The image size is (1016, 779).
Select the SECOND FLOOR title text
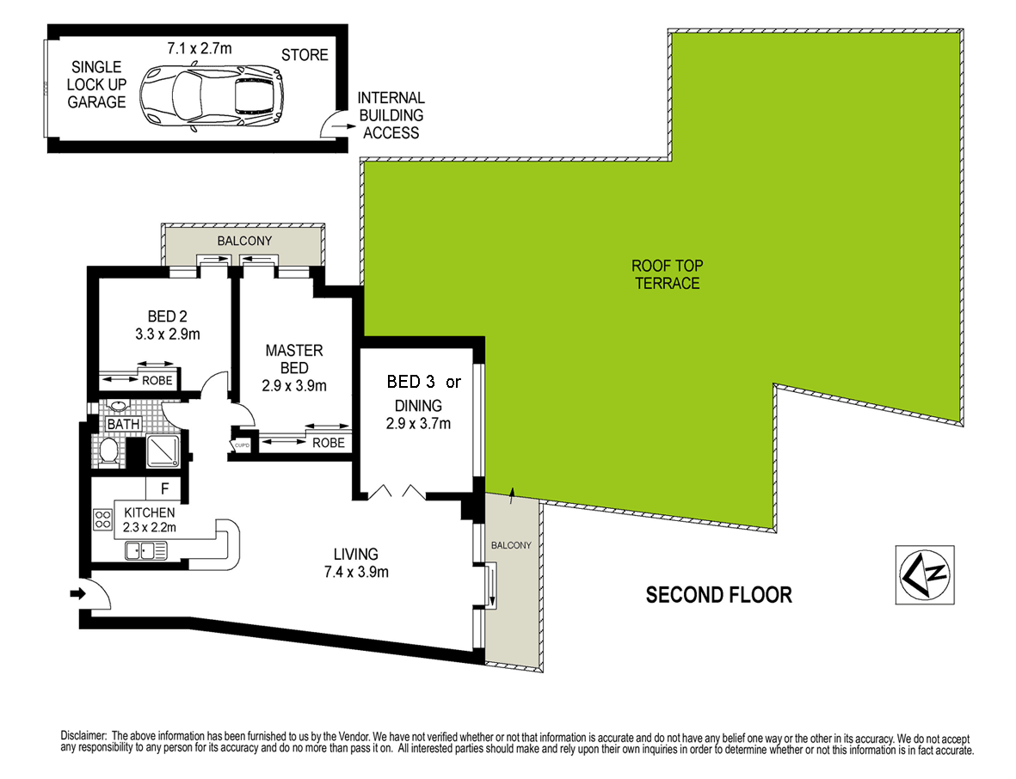click(x=718, y=594)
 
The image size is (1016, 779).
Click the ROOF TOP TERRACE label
click(x=667, y=274)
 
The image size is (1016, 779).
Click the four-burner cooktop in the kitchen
click(x=103, y=519)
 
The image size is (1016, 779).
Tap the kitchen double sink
click(x=145, y=550)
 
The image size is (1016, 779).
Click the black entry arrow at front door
click(x=77, y=593)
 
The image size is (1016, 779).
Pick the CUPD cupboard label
click(x=242, y=445)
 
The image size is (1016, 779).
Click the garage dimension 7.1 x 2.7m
click(x=200, y=48)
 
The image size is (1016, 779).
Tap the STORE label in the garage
click(x=305, y=55)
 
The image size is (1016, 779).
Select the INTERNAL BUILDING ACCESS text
click(x=391, y=115)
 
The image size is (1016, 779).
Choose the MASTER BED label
click(x=294, y=359)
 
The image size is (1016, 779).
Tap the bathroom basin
click(x=118, y=408)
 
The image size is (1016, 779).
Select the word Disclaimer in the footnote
click(x=83, y=737)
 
